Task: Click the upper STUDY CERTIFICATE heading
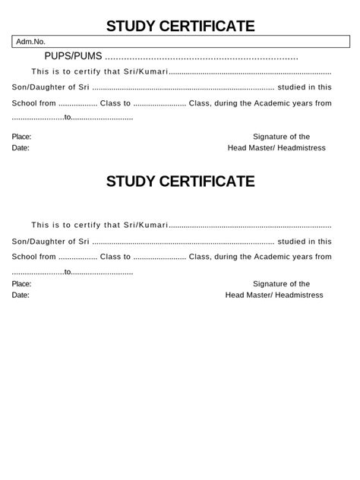point(180,27)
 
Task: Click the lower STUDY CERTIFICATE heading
point(180,182)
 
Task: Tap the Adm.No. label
point(31,42)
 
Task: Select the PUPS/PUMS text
point(73,56)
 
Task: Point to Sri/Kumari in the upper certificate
point(145,72)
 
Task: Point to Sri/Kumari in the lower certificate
point(145,225)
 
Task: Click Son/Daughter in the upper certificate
point(36,87)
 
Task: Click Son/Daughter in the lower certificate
point(36,241)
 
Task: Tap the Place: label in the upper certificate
point(22,137)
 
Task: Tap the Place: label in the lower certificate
point(22,283)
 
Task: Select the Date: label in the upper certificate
point(21,148)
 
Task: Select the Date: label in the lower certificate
point(21,295)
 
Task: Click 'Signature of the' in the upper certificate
point(281,137)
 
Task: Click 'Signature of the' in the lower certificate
point(281,283)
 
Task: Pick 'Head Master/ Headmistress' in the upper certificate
point(276,148)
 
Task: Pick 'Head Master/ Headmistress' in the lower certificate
point(274,295)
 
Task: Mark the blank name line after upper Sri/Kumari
point(250,74)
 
